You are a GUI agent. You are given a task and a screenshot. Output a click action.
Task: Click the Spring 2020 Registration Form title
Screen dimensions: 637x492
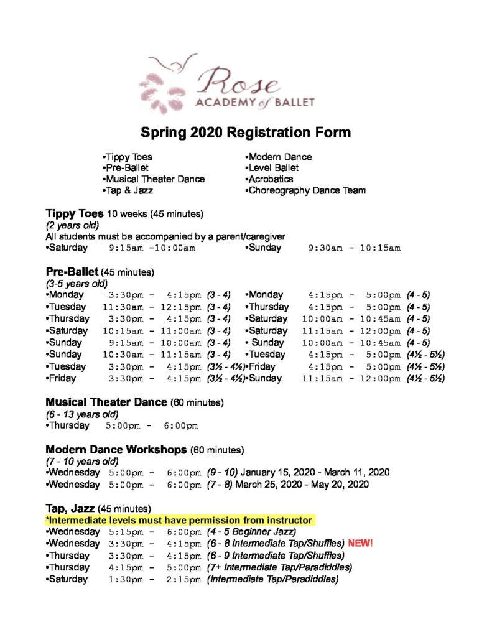pyautogui.click(x=246, y=133)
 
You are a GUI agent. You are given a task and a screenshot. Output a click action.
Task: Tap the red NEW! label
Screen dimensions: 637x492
pyautogui.click(x=360, y=543)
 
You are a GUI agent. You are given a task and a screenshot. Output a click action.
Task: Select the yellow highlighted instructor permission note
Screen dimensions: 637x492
pyautogui.click(x=179, y=519)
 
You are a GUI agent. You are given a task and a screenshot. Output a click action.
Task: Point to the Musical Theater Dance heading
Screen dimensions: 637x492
pyautogui.click(x=106, y=402)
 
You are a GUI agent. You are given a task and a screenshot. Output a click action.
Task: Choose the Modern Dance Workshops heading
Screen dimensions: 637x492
pyautogui.click(x=116, y=449)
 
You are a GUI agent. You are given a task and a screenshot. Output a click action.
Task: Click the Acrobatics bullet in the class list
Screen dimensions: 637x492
pyautogui.click(x=269, y=179)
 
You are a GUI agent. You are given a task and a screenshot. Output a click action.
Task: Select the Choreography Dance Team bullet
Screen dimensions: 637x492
pyautogui.click(x=305, y=190)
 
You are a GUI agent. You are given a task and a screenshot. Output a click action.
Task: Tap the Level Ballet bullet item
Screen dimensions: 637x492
pyautogui.click(x=272, y=168)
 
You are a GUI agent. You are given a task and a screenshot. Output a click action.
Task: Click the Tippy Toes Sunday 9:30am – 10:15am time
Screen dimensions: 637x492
pyautogui.click(x=354, y=248)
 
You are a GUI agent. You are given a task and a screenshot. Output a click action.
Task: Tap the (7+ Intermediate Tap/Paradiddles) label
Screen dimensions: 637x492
pyautogui.click(x=279, y=567)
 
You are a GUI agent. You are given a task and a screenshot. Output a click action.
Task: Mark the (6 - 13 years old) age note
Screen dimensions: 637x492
pyautogui.click(x=82, y=414)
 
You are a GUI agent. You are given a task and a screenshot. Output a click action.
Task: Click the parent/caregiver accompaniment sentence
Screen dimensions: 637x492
pyautogui.click(x=165, y=236)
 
